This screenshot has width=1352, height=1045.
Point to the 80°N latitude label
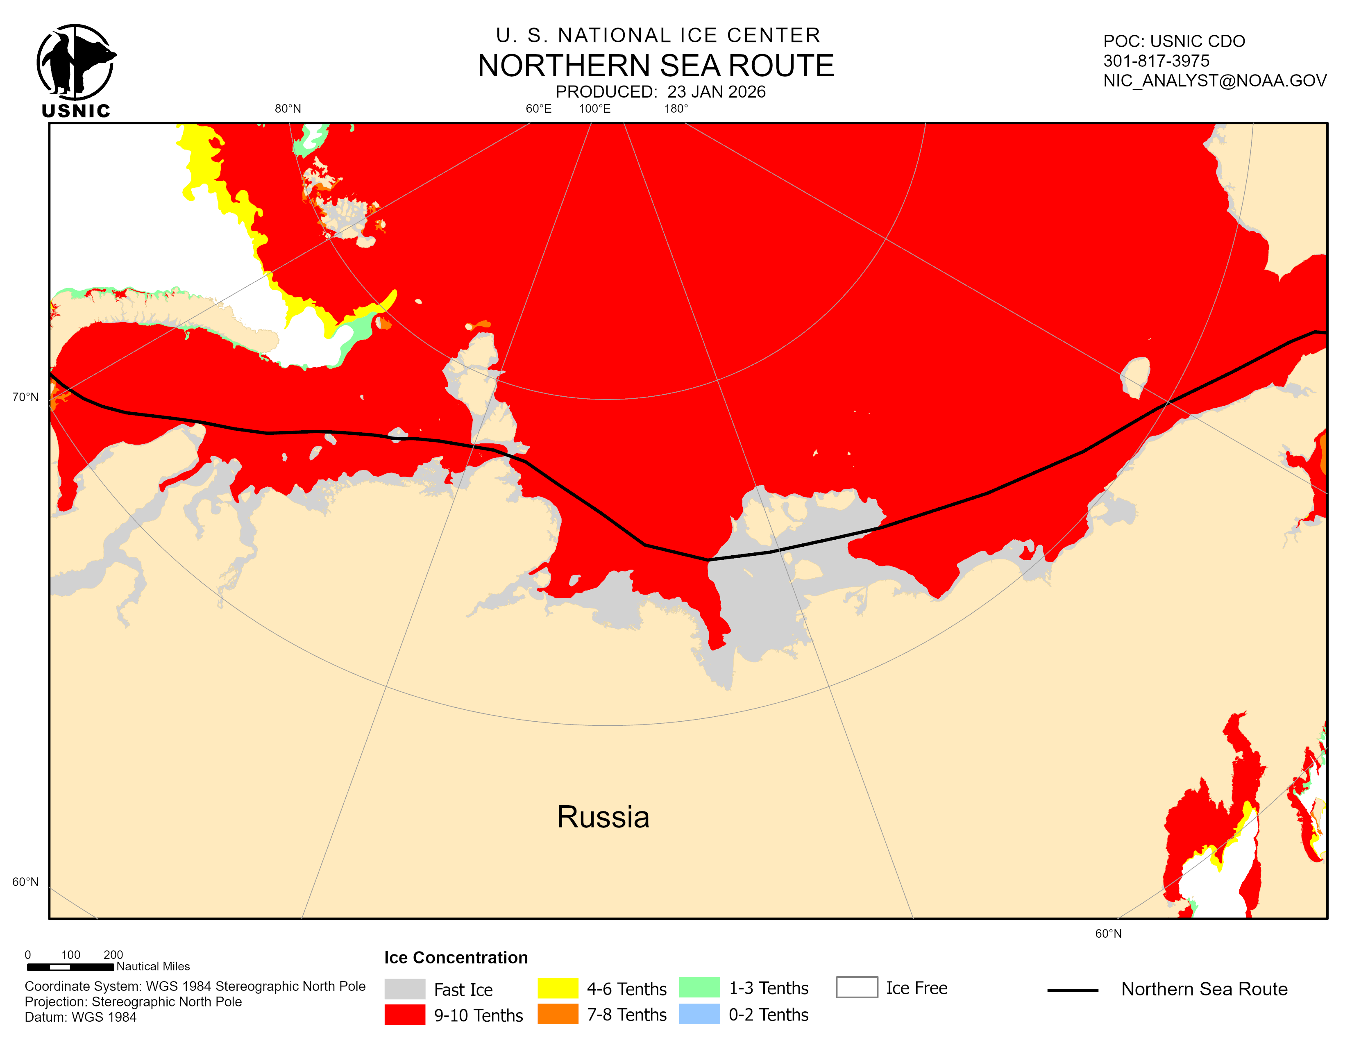pos(288,109)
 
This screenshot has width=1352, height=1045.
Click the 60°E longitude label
pos(538,109)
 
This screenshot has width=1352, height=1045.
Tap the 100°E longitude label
pos(594,109)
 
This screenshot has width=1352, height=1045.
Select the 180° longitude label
pos(676,109)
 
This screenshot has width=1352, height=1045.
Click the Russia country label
pos(603,817)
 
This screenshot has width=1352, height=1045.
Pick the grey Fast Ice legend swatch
pos(404,989)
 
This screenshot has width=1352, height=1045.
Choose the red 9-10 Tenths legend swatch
pos(404,1015)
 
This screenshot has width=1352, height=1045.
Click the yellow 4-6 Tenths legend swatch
pos(557,988)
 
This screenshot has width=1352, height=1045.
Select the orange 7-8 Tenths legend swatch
pos(557,1014)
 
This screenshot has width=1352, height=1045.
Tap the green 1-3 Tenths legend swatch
pos(699,988)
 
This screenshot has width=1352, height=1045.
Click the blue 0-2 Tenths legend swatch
pos(699,1014)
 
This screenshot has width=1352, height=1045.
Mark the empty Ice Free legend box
pos(856,988)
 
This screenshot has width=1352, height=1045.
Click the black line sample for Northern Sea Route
pos(1072,990)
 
